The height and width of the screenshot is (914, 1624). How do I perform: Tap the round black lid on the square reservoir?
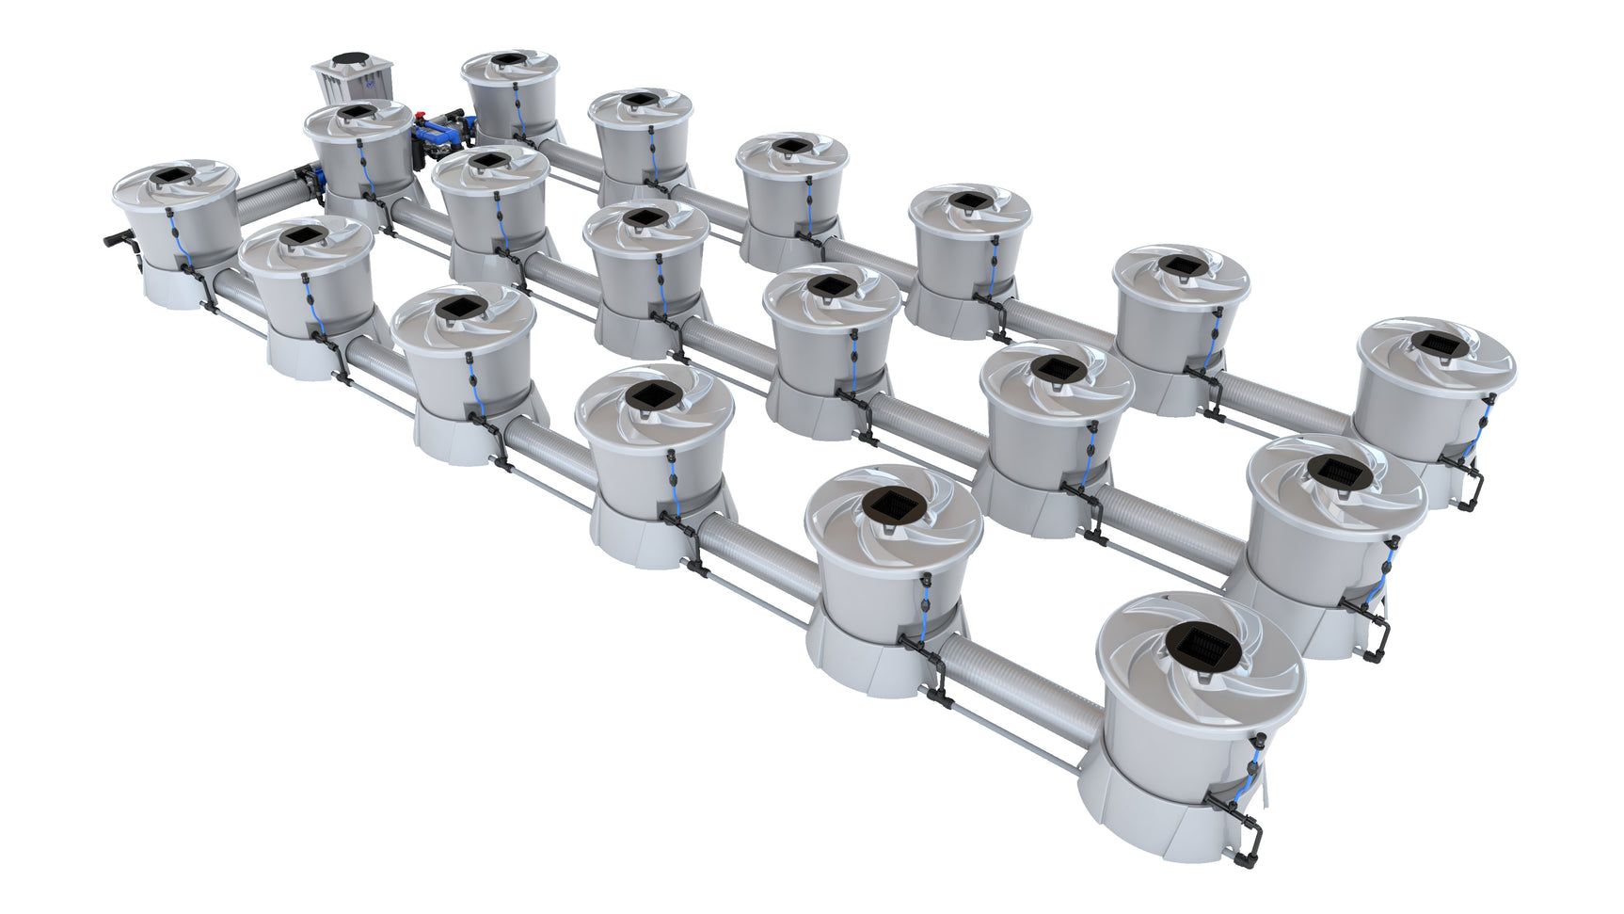click(x=352, y=58)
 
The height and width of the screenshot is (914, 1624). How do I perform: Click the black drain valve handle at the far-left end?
click(x=117, y=240)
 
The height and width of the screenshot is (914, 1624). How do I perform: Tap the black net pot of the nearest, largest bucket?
click(x=1201, y=647)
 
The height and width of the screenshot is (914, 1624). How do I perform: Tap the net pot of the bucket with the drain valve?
click(x=176, y=177)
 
